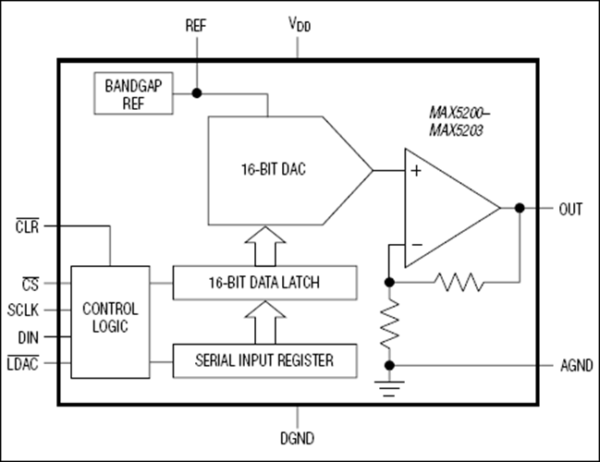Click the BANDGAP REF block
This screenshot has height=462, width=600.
pyautogui.click(x=133, y=92)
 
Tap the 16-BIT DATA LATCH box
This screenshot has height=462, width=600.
pyautogui.click(x=265, y=282)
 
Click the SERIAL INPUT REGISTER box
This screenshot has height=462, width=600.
pyautogui.click(x=265, y=359)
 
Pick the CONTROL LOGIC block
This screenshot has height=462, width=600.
pyautogui.click(x=110, y=320)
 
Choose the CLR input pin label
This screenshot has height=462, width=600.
pyautogui.click(x=31, y=225)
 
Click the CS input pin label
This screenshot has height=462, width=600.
pyautogui.click(x=31, y=283)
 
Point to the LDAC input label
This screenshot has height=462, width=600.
pyautogui.click(x=27, y=364)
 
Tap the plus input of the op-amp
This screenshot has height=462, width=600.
pyautogui.click(x=416, y=171)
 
